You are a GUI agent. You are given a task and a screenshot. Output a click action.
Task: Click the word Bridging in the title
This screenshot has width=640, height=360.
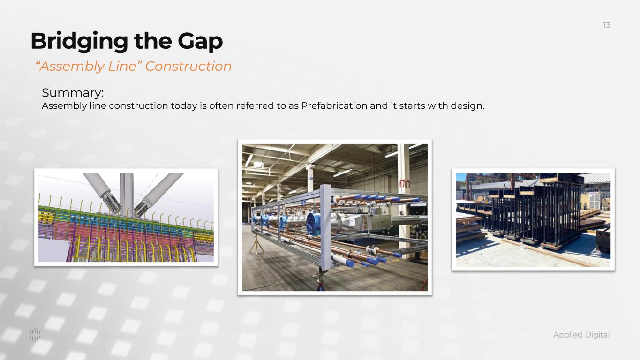click(79, 42)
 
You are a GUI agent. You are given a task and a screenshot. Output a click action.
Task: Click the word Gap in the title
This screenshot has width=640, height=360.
click(200, 42)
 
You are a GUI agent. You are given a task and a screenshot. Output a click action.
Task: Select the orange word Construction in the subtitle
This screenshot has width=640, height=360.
click(188, 66)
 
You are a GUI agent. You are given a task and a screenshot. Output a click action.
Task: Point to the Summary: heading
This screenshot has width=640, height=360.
click(73, 93)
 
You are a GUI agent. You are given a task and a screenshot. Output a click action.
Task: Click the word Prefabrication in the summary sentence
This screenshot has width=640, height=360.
click(334, 106)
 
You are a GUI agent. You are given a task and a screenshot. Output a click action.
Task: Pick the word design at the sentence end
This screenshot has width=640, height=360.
click(467, 106)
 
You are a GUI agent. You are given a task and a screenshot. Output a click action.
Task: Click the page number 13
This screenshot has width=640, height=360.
click(606, 25)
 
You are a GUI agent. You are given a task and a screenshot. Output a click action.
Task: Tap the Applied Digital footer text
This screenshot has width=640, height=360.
click(581, 335)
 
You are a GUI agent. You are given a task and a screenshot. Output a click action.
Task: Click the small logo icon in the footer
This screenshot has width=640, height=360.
click(35, 335)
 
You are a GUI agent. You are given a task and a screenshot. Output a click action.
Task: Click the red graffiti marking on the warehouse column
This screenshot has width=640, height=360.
click(404, 184)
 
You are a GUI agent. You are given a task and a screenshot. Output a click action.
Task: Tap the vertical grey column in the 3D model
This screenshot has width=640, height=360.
click(127, 194)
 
